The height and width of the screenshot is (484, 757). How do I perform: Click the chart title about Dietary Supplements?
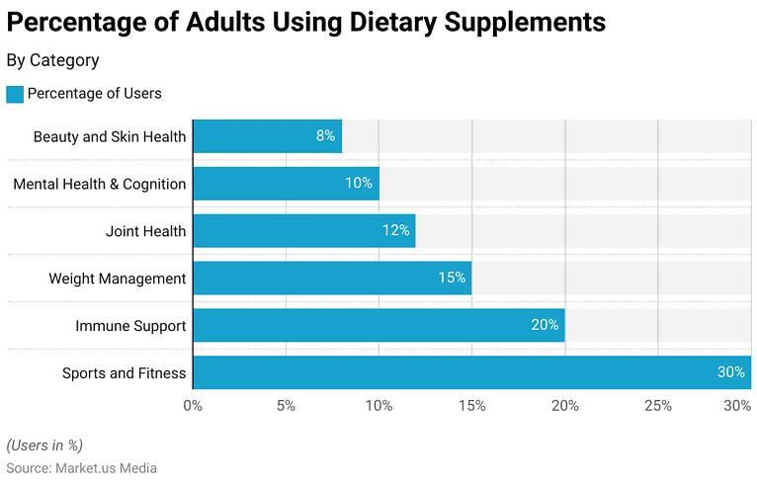306,21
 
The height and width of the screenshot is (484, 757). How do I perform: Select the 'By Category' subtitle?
52,60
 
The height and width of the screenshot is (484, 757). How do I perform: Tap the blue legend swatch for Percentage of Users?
14,94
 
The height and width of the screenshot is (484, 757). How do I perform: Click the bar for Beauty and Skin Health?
267,136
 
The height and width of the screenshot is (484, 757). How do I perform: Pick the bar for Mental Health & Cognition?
286,183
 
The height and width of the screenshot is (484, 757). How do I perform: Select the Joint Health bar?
303,230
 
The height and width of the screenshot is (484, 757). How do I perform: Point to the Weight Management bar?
331,278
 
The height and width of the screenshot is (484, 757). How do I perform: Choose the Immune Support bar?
378,325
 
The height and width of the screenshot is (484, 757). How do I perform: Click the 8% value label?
325,136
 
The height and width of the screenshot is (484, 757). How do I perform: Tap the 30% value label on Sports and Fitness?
730,372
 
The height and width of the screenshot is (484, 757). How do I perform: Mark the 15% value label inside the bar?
452,278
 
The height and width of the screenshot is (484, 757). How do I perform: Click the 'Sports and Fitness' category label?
124,372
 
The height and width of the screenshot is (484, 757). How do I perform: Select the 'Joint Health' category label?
145,231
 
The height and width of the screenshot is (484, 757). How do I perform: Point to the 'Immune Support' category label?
130,325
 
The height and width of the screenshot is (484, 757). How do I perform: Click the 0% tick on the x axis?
193,405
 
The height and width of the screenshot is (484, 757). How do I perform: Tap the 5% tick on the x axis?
286,405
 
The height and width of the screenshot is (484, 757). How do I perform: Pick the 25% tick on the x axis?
658,405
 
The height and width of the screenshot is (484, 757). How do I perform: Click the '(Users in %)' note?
44,445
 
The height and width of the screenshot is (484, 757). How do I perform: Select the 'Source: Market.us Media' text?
81,468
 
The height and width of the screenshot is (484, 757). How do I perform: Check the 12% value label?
396,230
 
